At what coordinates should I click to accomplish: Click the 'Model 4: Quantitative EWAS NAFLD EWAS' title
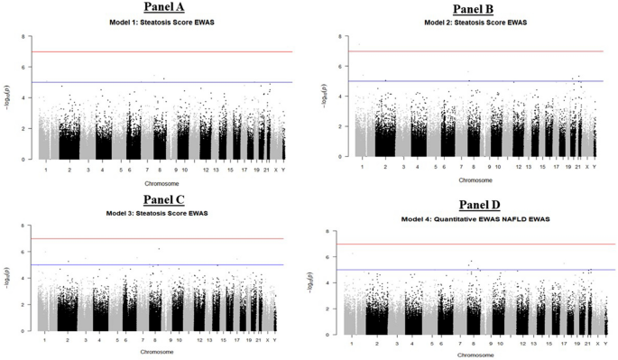coord(475,219)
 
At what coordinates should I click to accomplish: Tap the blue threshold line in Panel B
coord(469,81)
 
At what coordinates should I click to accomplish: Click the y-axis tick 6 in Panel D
coord(334,257)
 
